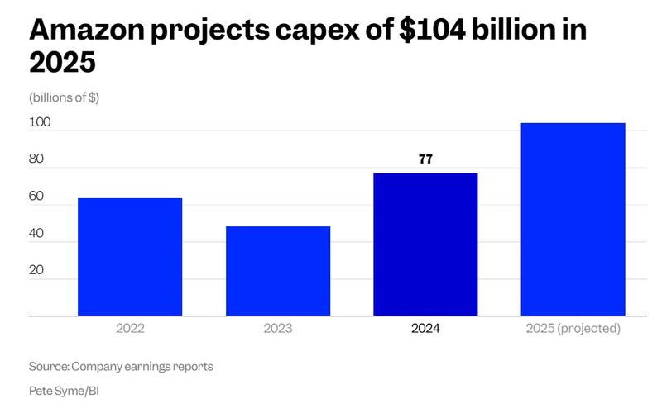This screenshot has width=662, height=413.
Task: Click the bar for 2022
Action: coord(130,257)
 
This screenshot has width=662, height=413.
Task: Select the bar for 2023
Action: coord(278,271)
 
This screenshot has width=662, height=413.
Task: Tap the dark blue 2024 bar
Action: coord(425,244)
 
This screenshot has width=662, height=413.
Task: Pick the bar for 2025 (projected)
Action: coord(573,219)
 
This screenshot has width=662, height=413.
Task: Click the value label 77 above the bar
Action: coord(425,159)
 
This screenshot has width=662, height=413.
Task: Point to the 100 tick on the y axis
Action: coord(41,122)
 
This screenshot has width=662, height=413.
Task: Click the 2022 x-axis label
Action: coord(130,329)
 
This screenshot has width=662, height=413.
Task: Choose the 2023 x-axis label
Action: coord(278,329)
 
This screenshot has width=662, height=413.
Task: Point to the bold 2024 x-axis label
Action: coord(425,329)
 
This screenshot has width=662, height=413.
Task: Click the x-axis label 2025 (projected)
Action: coord(573,329)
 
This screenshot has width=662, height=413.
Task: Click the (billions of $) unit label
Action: coord(65,97)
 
